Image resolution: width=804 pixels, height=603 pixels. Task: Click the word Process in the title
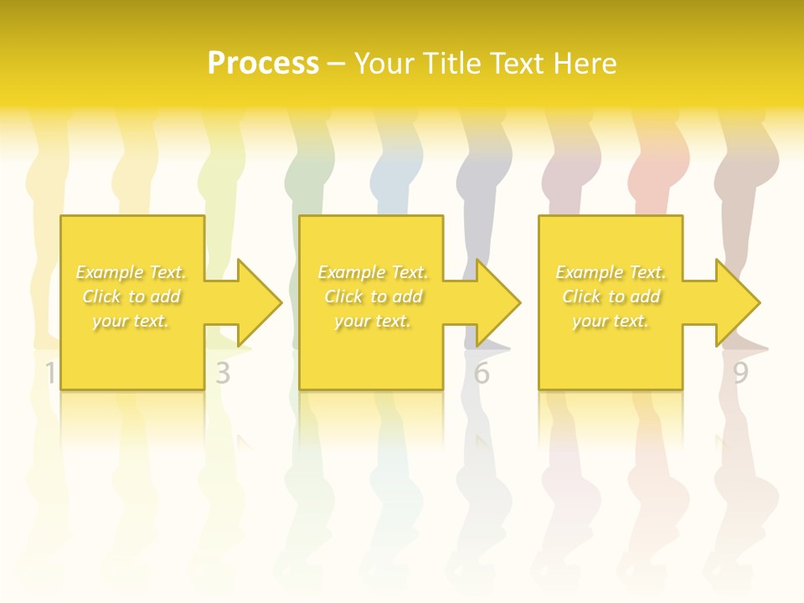[263, 64]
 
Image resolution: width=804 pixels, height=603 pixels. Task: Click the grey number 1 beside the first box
[50, 374]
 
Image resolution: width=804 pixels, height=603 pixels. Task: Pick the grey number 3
[222, 374]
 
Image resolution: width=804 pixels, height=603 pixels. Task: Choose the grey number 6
[481, 374]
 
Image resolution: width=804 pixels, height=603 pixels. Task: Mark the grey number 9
[740, 374]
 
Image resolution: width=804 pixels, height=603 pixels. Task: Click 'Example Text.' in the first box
[131, 272]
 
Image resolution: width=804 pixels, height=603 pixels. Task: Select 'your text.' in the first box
[131, 321]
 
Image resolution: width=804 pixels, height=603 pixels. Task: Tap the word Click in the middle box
[343, 296]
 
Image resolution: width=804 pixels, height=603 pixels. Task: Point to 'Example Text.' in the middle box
[373, 272]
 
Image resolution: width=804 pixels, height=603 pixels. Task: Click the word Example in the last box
[589, 272]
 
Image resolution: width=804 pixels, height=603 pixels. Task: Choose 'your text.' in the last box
[611, 321]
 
